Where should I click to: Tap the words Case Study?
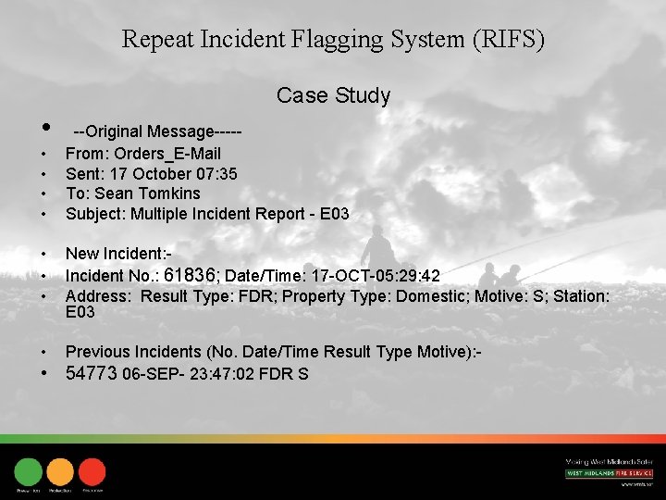[x=333, y=95]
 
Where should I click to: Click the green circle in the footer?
[x=29, y=472]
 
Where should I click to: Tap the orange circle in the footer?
[x=60, y=472]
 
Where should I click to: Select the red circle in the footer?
[x=92, y=472]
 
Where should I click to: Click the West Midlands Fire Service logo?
[x=609, y=473]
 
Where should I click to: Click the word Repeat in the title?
[x=155, y=40]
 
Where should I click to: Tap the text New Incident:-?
[x=119, y=254]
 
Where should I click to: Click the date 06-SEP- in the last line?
[x=151, y=374]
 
